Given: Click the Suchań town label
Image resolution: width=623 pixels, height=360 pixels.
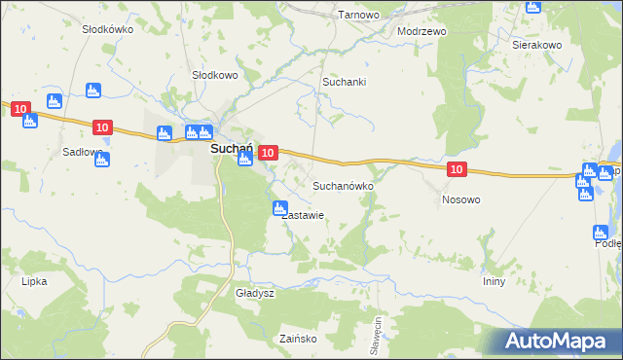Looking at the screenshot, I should (232, 150).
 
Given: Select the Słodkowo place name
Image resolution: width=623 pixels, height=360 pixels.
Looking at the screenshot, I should (214, 75).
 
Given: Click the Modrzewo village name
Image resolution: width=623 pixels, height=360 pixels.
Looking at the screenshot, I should (421, 31).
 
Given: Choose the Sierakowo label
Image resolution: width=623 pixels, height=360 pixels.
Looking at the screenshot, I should (537, 45).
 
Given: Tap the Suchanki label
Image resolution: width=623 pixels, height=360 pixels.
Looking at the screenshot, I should (345, 83).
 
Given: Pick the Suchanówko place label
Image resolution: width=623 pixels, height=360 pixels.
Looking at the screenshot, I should (340, 185).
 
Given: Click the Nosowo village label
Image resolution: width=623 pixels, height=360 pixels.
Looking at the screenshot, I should (460, 199).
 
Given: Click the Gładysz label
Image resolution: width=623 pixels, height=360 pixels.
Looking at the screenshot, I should (256, 293).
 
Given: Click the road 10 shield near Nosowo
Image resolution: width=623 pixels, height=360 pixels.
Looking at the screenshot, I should (458, 170).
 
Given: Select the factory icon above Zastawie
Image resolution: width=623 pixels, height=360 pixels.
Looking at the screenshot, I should (279, 207).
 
